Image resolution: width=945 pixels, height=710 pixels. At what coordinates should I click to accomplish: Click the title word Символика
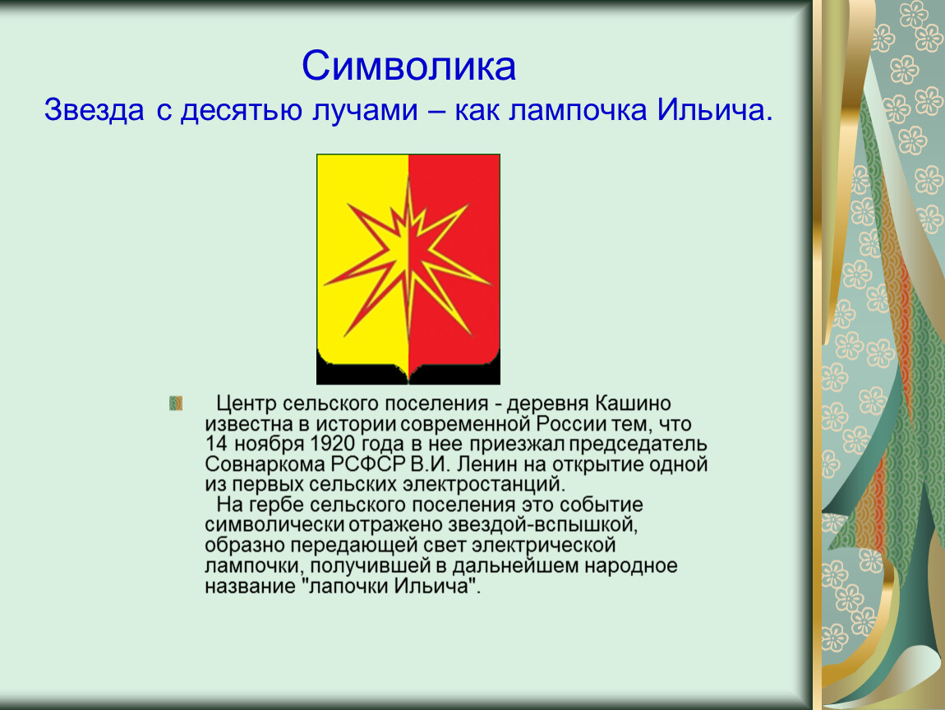(408, 66)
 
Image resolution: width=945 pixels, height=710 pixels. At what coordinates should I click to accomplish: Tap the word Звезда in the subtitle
(94, 110)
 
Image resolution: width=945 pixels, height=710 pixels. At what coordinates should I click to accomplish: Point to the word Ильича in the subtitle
(714, 110)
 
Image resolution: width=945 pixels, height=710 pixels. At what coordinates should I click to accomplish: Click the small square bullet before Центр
(175, 403)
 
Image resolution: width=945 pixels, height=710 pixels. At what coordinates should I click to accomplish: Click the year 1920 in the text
(332, 445)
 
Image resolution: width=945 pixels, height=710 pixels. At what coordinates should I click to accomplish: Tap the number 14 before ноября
(216, 445)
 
